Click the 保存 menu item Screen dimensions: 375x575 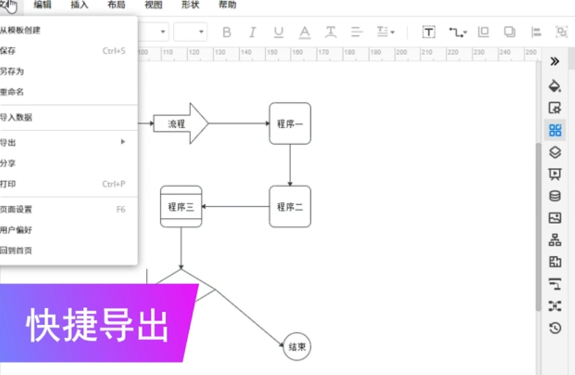[9, 51]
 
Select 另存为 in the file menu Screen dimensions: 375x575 [12, 71]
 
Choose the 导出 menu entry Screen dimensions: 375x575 [9, 142]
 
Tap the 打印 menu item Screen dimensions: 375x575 [9, 184]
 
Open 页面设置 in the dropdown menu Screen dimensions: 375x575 [17, 209]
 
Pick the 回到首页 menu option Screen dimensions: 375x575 [17, 251]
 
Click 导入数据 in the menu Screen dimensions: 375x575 [17, 117]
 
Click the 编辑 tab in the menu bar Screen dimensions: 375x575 [43, 5]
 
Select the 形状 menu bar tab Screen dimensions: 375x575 [190, 5]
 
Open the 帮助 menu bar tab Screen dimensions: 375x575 [228, 5]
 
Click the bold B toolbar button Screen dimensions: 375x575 [227, 32]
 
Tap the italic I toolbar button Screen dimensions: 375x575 [252, 32]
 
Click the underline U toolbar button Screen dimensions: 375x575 [278, 32]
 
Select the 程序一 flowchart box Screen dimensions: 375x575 [289, 124]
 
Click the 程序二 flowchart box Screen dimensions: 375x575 [289, 207]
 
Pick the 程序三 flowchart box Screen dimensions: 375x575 [181, 207]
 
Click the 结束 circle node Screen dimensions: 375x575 [297, 347]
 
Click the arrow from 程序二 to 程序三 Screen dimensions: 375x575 [236, 207]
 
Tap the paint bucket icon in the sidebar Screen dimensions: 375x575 [555, 85]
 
